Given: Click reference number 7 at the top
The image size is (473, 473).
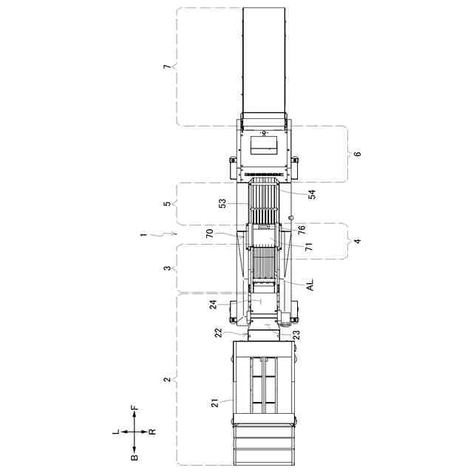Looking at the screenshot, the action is pos(167,67).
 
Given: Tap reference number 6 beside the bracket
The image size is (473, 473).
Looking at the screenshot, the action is pos(357,154).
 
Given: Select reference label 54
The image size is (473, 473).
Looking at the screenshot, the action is pos(312,194).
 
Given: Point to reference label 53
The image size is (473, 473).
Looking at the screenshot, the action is pos(222,204).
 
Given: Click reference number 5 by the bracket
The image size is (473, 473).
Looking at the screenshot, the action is pos(167,204).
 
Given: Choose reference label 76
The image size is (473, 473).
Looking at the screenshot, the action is pos(302,230).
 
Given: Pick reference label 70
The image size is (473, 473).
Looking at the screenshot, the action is pos(210,234).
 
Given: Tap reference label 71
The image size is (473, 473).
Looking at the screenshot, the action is pos(309,247).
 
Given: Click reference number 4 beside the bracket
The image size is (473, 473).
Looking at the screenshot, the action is pos(357,241).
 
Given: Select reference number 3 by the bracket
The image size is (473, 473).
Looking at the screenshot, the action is pos(167,268).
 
